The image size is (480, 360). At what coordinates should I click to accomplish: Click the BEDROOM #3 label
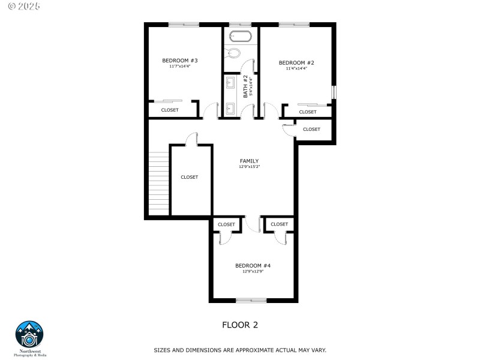click(x=180, y=61)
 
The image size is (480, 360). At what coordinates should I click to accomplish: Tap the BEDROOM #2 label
click(x=296, y=63)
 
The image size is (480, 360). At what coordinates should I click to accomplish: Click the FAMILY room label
click(x=249, y=161)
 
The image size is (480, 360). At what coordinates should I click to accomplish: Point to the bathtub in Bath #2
click(x=240, y=35)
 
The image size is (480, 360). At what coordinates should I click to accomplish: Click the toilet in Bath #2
click(x=235, y=53)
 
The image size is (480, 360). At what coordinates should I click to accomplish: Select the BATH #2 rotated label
click(x=245, y=86)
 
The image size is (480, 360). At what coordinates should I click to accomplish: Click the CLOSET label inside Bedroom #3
click(x=170, y=110)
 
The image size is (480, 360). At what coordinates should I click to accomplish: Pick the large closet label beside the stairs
click(x=190, y=177)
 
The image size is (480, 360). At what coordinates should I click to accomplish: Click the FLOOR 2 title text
click(x=240, y=325)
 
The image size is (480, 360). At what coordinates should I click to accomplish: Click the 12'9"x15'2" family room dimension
click(x=249, y=167)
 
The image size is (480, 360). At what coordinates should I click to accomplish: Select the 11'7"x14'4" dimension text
click(x=180, y=67)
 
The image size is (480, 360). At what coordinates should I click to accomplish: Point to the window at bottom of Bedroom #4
click(x=251, y=300)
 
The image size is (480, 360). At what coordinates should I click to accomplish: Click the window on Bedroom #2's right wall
click(x=334, y=92)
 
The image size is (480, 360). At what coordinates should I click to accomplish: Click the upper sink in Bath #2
click(x=230, y=83)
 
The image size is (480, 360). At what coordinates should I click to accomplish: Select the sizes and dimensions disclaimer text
click(x=240, y=350)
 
